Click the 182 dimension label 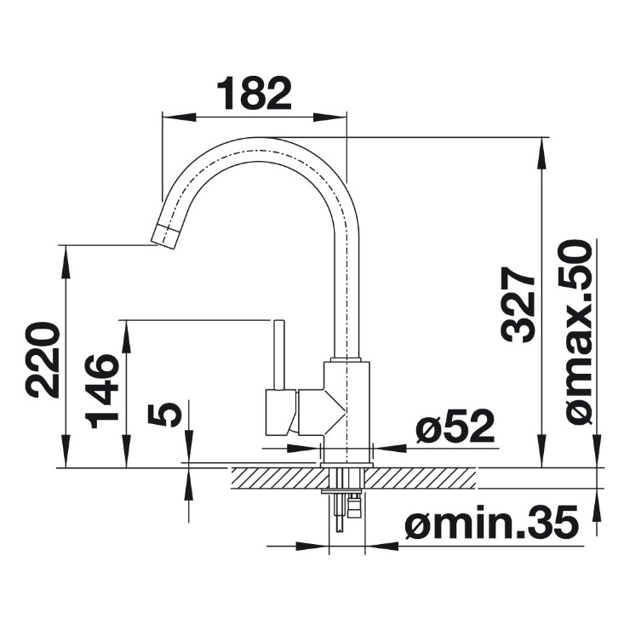pos(254,93)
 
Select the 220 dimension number pos(43,358)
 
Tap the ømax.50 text pos(576,332)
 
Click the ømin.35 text pos(492,523)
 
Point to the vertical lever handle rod pos(279,354)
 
